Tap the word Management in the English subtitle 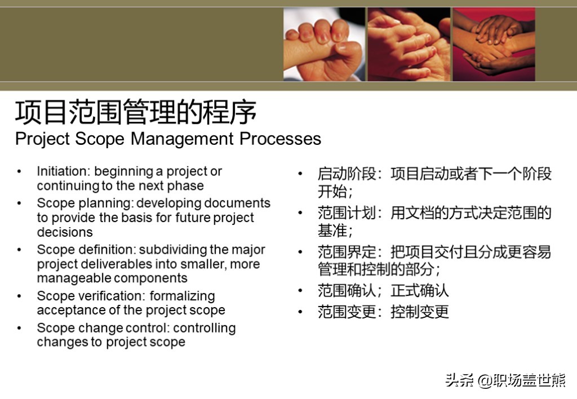182,139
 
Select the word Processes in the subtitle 281,139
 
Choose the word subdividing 171,250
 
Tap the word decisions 65,232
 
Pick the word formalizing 182,296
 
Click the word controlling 204,328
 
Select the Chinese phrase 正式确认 419,291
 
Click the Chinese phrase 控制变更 419,312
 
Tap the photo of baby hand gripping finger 324,45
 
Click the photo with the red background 494,45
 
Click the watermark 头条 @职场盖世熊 505,380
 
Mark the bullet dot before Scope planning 19,203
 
